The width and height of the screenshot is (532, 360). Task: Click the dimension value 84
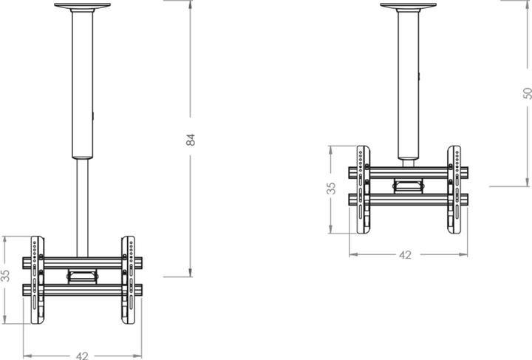coord(190,139)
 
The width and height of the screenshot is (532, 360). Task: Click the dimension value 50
coord(527,93)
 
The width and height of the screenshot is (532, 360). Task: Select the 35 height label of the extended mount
coord(6,275)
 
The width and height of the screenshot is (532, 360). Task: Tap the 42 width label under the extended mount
coord(82,355)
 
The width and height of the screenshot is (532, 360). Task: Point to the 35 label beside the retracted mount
coord(332,188)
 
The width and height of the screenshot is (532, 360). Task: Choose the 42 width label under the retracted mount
coord(405,255)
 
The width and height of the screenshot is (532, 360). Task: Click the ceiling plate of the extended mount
coord(82,6)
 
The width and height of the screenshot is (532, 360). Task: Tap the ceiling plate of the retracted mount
coord(408,6)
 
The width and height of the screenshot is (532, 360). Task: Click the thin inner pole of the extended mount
coord(82,207)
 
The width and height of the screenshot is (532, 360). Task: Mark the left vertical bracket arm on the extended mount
coord(37,281)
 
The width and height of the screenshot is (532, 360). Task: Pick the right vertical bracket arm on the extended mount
coord(128,281)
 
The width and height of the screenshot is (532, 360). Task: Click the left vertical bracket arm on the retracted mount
coord(364,189)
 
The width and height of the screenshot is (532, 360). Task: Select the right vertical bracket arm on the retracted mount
coord(454,189)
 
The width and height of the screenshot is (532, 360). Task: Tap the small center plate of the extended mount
coord(82,276)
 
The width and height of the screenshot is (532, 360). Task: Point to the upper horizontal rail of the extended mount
coord(82,262)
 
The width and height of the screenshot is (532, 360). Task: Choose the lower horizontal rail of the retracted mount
coord(408,199)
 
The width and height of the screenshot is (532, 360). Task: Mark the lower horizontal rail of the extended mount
coord(82,291)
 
